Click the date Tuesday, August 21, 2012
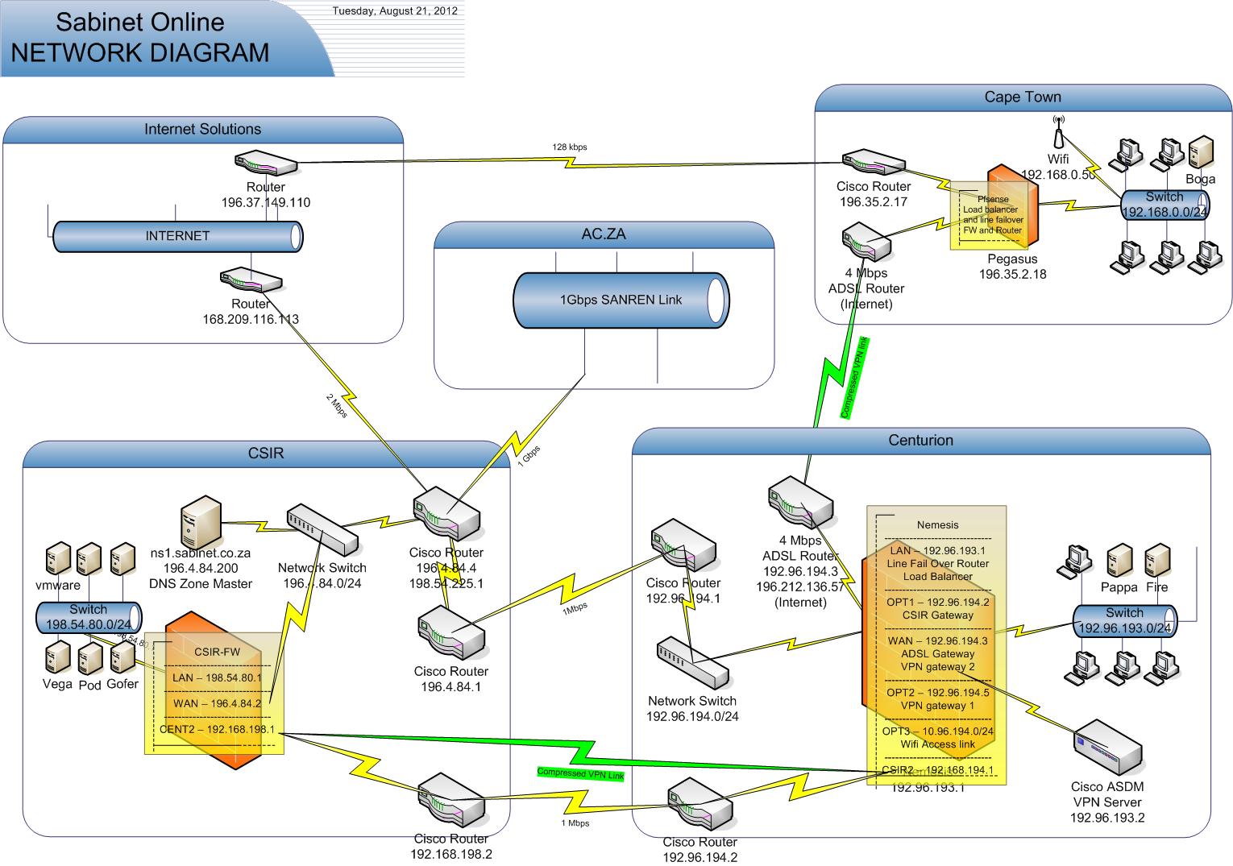pyautogui.click(x=395, y=11)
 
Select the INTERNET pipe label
pyautogui.click(x=177, y=236)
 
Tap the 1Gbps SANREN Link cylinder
pyautogui.click(x=621, y=300)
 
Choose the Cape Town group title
pyautogui.click(x=1023, y=97)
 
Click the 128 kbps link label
pyautogui.click(x=569, y=147)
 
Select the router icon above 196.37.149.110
pyautogui.click(x=266, y=164)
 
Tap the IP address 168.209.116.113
pyautogui.click(x=251, y=319)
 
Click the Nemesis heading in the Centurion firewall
pyautogui.click(x=938, y=524)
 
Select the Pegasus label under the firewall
pyautogui.click(x=1012, y=259)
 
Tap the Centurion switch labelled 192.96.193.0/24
pyautogui.click(x=1124, y=620)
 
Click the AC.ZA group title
pyautogui.click(x=604, y=234)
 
